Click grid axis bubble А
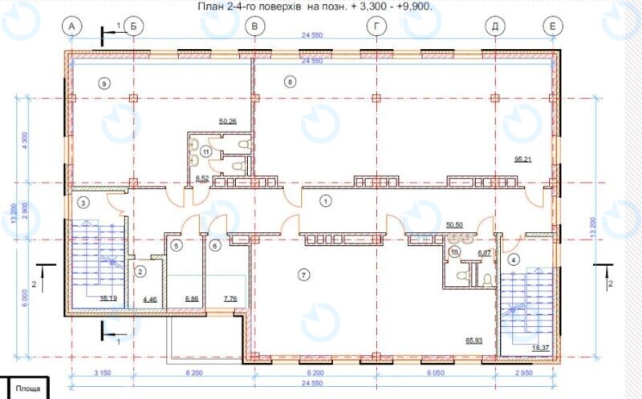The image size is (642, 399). click(x=72, y=26)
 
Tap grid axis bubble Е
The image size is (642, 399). click(x=551, y=26)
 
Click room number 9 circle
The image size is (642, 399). click(x=103, y=82)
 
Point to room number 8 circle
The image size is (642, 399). click(x=290, y=81)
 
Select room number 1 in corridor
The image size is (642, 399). click(x=325, y=201)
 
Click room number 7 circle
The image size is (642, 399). click(x=303, y=275)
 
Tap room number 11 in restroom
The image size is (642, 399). click(x=206, y=151)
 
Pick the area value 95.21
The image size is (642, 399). click(x=523, y=159)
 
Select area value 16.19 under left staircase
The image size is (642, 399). click(x=108, y=297)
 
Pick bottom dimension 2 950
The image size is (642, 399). click(x=522, y=373)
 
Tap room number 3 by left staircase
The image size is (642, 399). click(x=83, y=204)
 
